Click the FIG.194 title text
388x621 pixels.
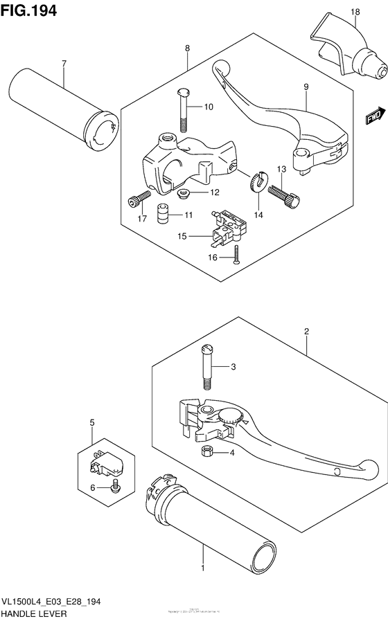(x=29, y=11)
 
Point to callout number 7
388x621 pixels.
(x=63, y=64)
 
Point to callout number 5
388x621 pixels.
(x=91, y=422)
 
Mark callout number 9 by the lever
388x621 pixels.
(x=304, y=87)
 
